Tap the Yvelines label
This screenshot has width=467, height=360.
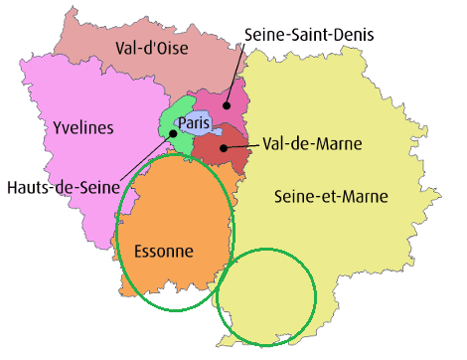pyautogui.click(x=82, y=127)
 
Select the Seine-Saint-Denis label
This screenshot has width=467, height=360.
pyautogui.click(x=309, y=36)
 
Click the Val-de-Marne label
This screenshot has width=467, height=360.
pyautogui.click(x=312, y=144)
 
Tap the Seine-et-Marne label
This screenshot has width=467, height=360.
pyautogui.click(x=331, y=196)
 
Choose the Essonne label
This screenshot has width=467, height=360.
pyautogui.click(x=163, y=251)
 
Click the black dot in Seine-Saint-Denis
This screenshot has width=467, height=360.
pyautogui.click(x=227, y=103)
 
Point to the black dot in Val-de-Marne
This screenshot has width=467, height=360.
pyautogui.click(x=223, y=148)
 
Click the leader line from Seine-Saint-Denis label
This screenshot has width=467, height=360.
pyautogui.click(x=233, y=75)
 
